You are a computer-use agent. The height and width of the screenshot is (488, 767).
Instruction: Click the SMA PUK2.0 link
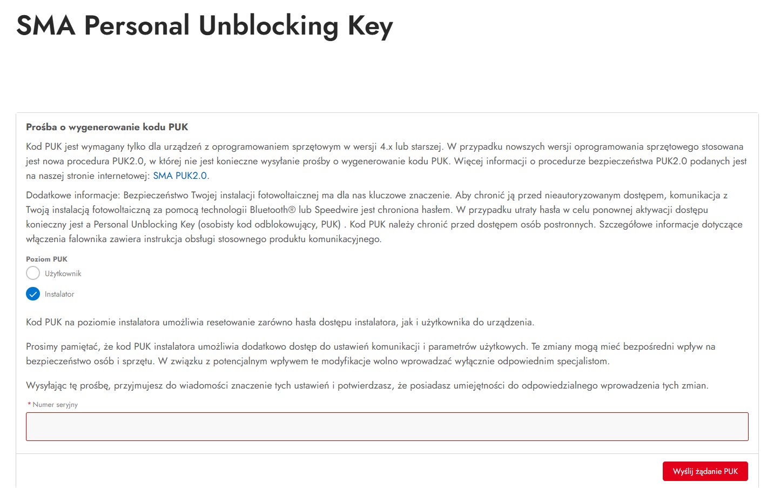tap(180, 176)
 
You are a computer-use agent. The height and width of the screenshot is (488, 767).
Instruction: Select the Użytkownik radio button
tap(33, 273)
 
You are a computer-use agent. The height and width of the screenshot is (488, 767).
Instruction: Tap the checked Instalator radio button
tap(33, 294)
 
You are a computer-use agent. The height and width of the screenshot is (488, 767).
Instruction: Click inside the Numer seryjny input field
tap(387, 426)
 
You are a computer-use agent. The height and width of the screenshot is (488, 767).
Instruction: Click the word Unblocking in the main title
tap(268, 25)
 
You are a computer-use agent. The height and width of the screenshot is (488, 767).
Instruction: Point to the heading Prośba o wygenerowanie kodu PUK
tap(107, 127)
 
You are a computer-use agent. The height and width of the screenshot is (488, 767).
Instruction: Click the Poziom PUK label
tap(46, 259)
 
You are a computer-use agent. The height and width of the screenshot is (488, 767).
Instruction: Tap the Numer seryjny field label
tap(55, 405)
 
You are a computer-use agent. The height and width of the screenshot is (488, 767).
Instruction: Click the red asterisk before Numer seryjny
tap(29, 404)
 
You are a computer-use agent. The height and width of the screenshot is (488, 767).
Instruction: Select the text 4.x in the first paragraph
tap(386, 146)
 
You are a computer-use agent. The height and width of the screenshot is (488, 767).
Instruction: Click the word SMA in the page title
tap(46, 25)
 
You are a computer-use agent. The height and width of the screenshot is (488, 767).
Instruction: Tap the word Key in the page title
tap(370, 25)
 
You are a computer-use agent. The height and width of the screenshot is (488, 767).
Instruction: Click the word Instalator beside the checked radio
tap(59, 294)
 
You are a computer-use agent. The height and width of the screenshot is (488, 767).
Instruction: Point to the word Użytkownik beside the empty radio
tap(63, 273)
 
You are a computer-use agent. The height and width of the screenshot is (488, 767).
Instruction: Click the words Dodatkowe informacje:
tap(73, 195)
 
